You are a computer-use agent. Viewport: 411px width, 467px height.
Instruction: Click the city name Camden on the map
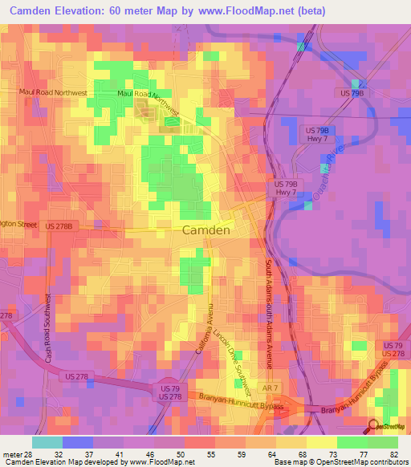pos(207,229)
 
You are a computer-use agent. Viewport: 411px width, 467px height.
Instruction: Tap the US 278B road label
pos(59,226)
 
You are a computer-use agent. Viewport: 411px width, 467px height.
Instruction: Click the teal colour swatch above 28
pos(47,442)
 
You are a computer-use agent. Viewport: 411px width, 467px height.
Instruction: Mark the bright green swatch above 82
pos(383,442)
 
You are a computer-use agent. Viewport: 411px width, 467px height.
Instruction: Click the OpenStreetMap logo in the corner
pos(389,426)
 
